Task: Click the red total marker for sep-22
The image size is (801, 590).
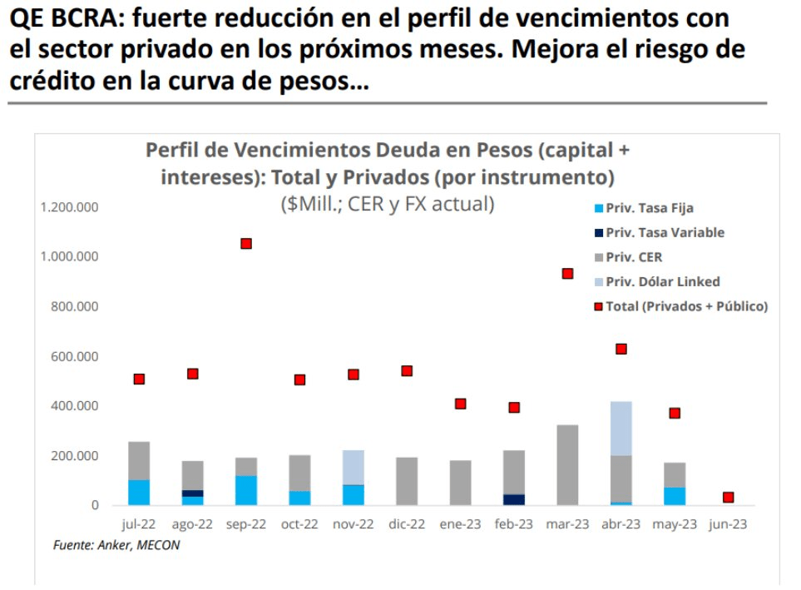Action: (246, 244)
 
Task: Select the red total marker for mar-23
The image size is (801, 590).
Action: (568, 274)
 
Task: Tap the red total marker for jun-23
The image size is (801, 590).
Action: (729, 498)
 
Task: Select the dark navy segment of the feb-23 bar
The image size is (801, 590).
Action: (514, 499)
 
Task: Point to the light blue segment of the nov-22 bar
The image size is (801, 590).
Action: (354, 467)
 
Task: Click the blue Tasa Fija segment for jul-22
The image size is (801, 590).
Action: (139, 493)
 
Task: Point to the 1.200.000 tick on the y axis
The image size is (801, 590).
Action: (69, 206)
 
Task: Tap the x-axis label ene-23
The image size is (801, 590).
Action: (460, 524)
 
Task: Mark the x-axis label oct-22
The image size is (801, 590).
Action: (299, 524)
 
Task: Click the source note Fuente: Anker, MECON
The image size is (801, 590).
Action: (116, 545)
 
